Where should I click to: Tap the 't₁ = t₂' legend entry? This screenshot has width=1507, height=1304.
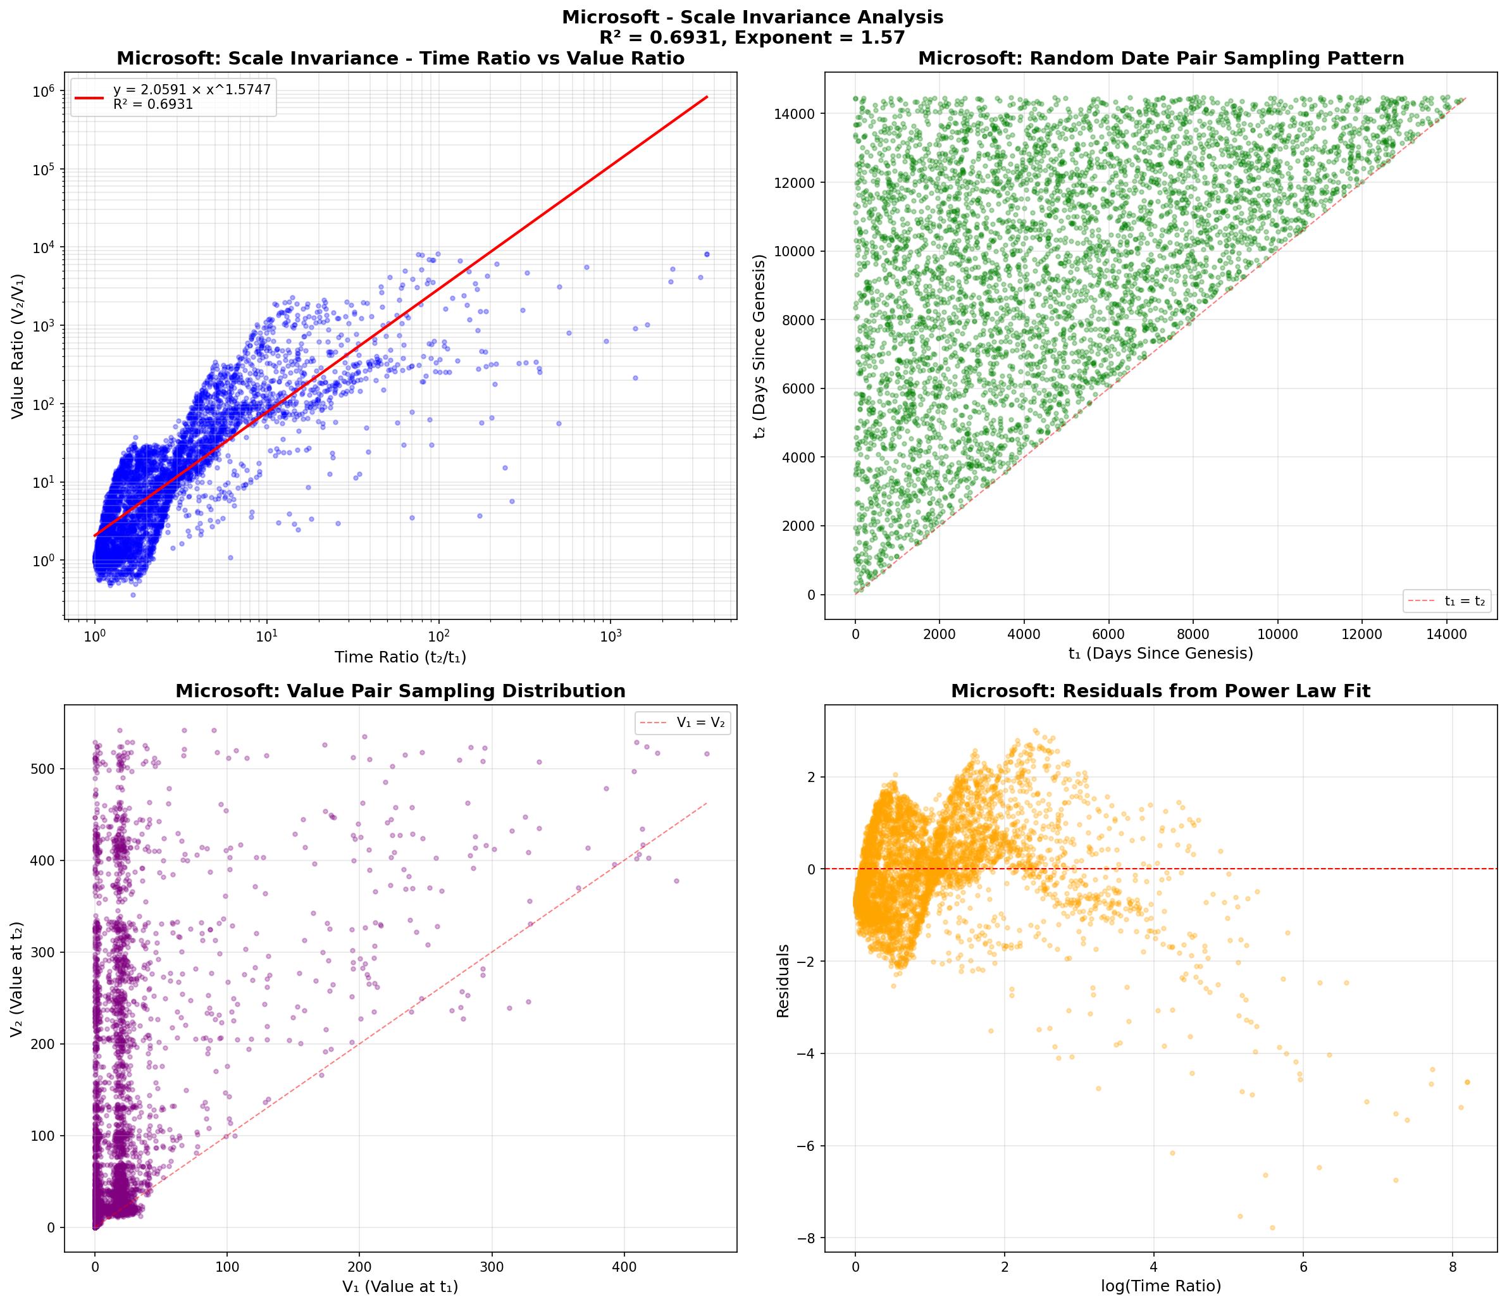coord(1464,601)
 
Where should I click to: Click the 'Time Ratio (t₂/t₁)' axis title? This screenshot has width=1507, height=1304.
coord(400,657)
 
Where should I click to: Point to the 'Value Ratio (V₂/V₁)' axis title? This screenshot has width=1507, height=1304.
coord(18,345)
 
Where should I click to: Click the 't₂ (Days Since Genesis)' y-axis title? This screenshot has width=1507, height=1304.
coord(761,345)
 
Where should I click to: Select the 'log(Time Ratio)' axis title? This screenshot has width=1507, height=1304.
coord(1161,1286)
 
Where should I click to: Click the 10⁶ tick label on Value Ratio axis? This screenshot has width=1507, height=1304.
coord(44,92)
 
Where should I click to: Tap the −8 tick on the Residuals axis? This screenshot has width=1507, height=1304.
coord(806,1238)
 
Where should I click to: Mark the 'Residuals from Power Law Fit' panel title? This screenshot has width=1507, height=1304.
coord(1161,692)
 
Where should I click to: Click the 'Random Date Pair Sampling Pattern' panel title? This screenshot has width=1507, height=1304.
coord(1161,59)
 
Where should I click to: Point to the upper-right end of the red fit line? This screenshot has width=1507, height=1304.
coord(707,97)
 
